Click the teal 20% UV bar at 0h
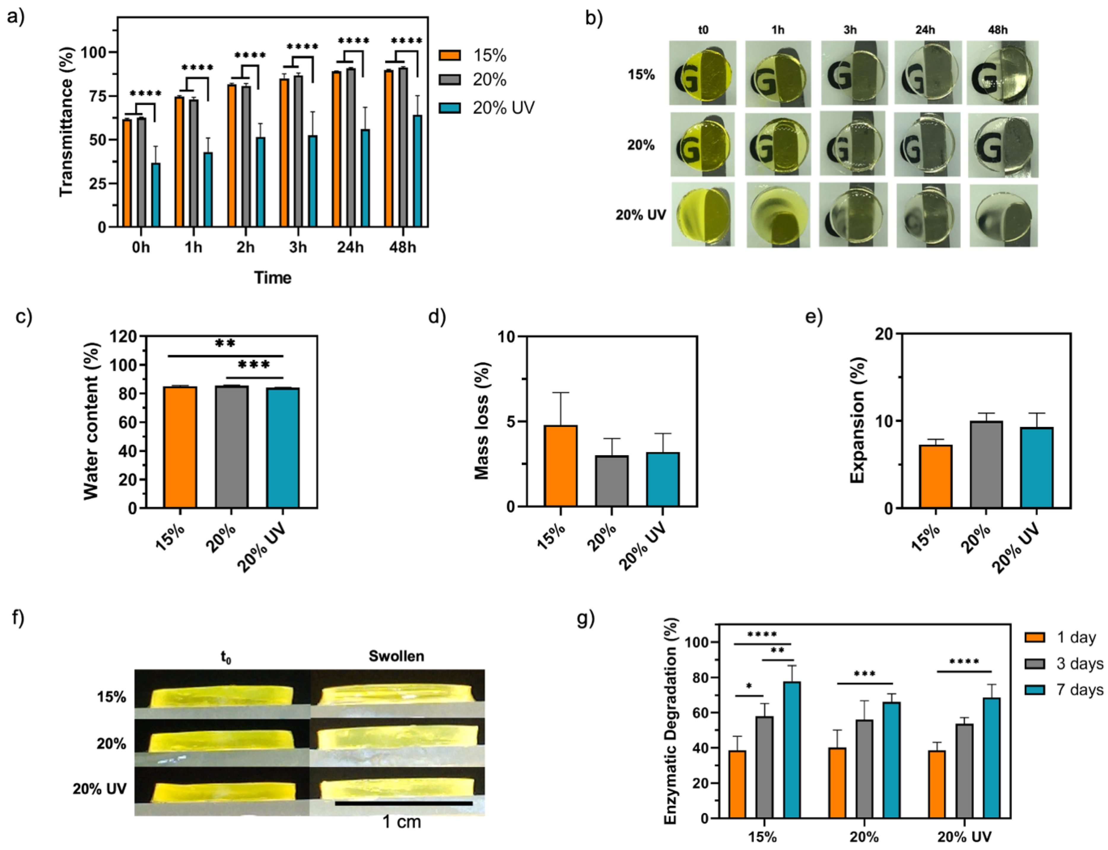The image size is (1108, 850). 155,195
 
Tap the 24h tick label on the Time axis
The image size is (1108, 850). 350,248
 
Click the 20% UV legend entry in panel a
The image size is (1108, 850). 503,108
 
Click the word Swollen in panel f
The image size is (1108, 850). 396,656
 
